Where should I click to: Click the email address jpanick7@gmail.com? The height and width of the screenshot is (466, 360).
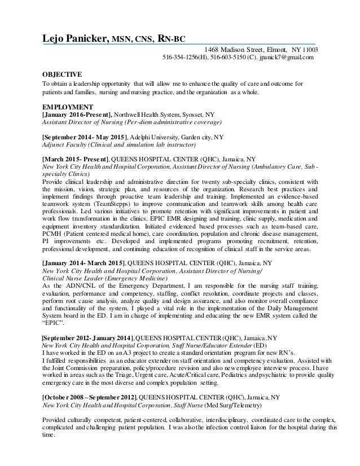coord(289,58)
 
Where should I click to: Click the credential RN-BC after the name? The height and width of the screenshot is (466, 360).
coord(169,38)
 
